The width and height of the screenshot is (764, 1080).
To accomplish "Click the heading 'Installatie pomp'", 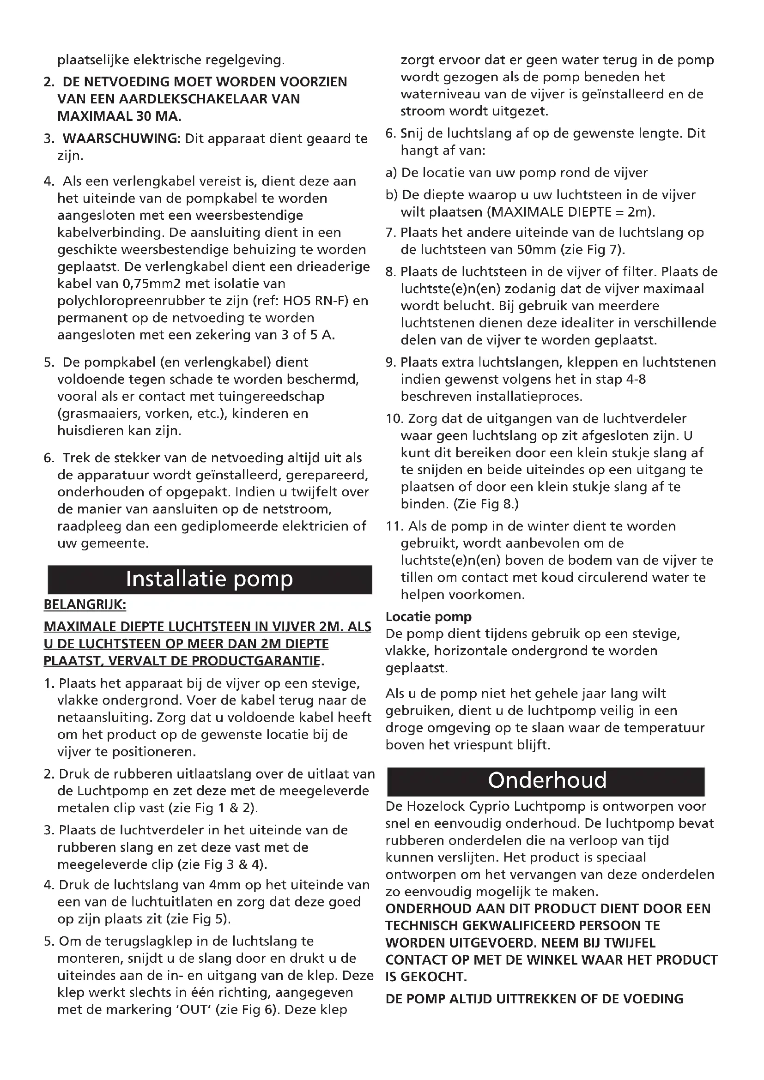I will [x=209, y=579].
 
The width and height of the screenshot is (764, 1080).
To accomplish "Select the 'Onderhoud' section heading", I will [x=547, y=780].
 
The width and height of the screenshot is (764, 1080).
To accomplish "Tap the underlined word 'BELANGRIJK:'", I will [x=85, y=604].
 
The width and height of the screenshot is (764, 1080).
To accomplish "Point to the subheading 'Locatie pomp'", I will [x=428, y=616].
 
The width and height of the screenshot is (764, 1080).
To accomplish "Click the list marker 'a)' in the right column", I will [x=391, y=173].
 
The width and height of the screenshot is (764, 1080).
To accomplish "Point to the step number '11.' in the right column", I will [x=394, y=526].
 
